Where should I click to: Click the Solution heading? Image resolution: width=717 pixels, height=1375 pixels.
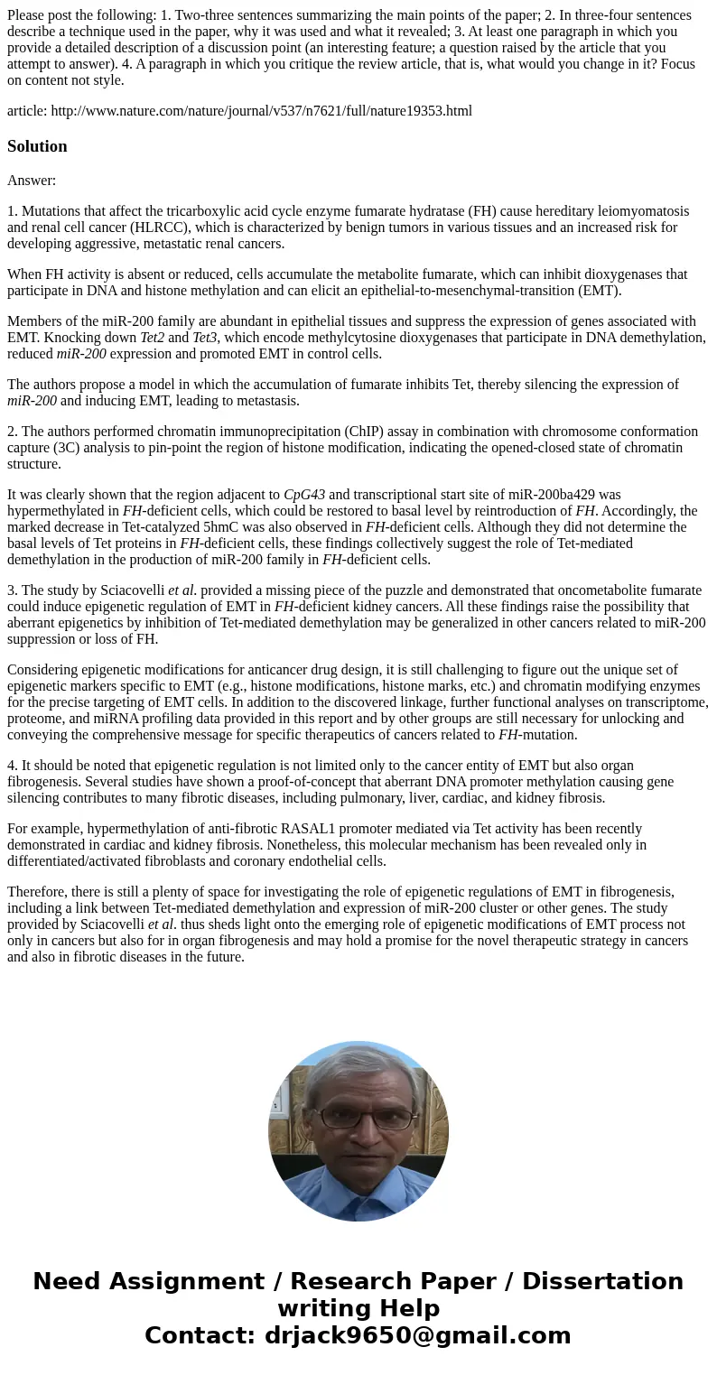click(37, 146)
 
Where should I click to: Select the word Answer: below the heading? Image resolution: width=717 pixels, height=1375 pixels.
click(32, 181)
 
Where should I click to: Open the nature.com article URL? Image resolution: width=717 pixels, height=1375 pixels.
click(261, 111)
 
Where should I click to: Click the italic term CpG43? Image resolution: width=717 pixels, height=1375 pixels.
click(304, 495)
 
